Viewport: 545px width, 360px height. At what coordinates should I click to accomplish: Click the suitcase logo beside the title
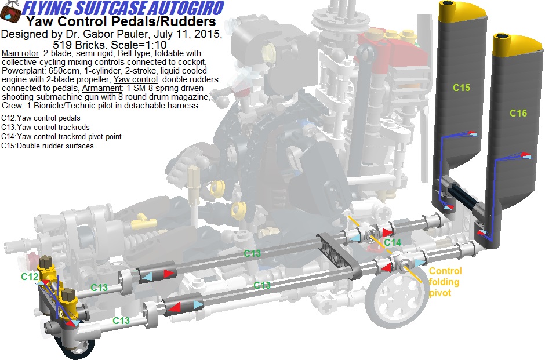pos(11,11)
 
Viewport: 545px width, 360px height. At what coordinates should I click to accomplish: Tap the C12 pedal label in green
pos(29,277)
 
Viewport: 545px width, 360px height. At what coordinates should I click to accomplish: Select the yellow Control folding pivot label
pos(445,282)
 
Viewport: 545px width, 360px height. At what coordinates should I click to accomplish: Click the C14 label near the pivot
pos(393,242)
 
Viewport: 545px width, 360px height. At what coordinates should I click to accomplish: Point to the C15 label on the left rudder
pos(462,88)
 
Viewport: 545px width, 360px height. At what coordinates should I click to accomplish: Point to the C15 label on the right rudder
pos(518,113)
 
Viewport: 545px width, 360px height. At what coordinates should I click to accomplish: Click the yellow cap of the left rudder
pos(460,10)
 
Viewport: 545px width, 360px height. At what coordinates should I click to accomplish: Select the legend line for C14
pos(61,137)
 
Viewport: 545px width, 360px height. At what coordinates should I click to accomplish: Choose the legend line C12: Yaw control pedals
pos(41,118)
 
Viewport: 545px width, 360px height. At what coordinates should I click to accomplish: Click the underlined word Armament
pos(102,88)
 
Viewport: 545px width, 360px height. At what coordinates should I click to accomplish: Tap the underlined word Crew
pos(12,106)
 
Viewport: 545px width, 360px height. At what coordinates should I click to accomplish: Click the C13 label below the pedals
pos(121,321)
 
